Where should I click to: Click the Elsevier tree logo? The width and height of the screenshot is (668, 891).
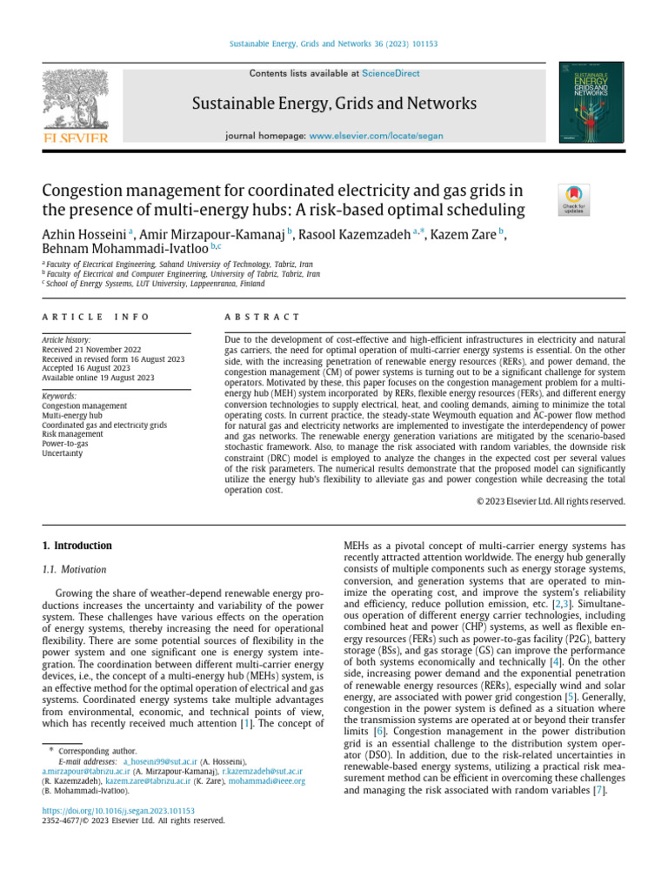(76, 97)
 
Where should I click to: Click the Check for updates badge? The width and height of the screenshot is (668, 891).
(574, 199)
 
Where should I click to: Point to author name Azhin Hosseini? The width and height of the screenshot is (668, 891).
(83, 235)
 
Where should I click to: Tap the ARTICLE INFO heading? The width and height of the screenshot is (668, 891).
(96, 317)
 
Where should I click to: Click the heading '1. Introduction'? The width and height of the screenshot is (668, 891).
(77, 546)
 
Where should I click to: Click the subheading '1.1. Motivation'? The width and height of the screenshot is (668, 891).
(75, 570)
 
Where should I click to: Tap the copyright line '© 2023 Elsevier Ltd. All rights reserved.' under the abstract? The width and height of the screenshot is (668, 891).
(551, 501)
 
